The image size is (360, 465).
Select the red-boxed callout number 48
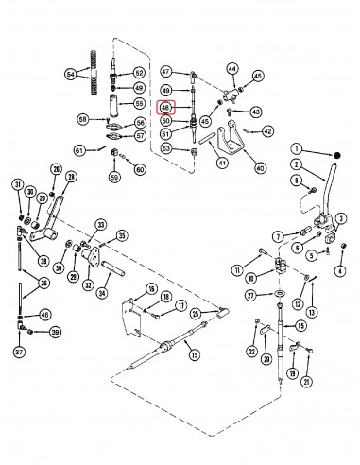coord(166,108)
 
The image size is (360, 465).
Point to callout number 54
coord(71,74)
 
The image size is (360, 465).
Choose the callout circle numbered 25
coord(196,313)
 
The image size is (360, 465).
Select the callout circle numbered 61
coord(79,150)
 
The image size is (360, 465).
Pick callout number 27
coord(252,295)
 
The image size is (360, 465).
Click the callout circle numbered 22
coord(251,352)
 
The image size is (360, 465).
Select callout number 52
coord(139,73)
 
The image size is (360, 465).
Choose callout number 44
coord(231,68)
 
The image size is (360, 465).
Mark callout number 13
coord(313,313)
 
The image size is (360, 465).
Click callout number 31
coord(17,183)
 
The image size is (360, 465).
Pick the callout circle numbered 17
coord(180,305)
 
